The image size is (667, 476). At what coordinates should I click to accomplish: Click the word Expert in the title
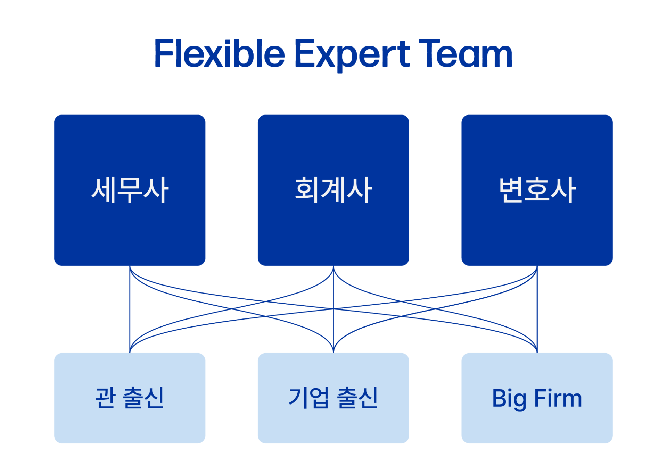tap(352, 56)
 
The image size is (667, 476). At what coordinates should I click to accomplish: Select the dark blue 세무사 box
tap(130, 190)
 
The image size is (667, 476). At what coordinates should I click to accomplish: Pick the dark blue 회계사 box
tap(333, 190)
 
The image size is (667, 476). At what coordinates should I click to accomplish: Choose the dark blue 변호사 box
tap(537, 190)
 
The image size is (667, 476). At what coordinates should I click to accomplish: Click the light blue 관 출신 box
tap(130, 398)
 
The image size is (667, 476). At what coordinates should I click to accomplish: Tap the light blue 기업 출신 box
tap(333, 398)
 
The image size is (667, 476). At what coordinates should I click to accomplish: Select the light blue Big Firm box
tap(537, 398)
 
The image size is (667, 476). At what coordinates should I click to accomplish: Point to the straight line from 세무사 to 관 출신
tap(130, 309)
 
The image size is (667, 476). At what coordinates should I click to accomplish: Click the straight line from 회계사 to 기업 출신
tap(333, 309)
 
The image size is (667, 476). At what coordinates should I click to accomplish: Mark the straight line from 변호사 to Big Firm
tap(537, 309)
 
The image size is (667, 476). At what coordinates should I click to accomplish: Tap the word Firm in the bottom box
tap(558, 398)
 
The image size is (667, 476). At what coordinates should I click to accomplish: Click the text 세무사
tap(130, 190)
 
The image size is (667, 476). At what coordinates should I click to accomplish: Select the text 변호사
tap(537, 190)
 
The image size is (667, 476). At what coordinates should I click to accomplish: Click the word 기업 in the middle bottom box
tap(308, 398)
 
